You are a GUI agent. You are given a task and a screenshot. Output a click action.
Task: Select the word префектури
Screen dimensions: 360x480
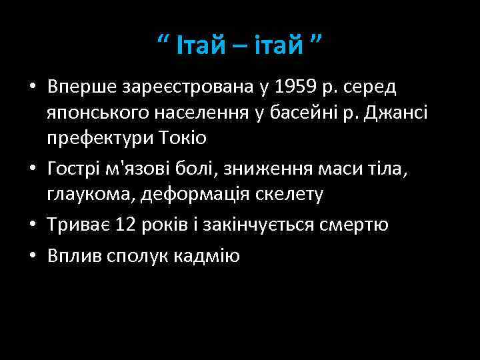[x=107, y=139]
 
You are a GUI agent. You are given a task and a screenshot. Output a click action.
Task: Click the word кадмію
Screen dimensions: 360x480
[x=207, y=257]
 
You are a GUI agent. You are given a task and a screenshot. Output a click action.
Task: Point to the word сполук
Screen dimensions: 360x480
[x=135, y=257]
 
